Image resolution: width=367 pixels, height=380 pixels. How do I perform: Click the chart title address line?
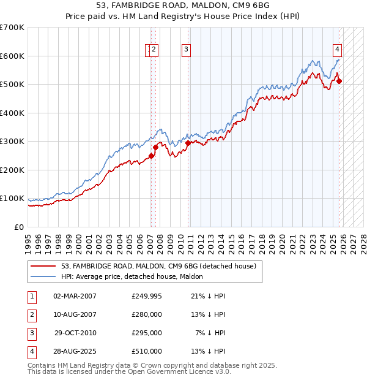pyautogui.click(x=183, y=5)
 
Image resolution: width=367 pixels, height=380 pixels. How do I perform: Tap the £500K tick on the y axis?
pyautogui.click(x=12, y=84)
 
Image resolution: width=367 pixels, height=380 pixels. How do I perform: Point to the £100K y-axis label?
pyautogui.click(x=12, y=199)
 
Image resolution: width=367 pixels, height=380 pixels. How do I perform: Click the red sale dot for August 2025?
pyautogui.click(x=339, y=81)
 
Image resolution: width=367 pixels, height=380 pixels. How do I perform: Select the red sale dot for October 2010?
pyautogui.click(x=188, y=142)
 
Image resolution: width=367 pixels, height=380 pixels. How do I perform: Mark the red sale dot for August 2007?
pyautogui.click(x=155, y=147)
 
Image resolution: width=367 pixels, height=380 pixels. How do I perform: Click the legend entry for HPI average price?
pyautogui.click(x=136, y=276)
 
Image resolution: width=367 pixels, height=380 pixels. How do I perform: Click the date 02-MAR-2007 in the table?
pyautogui.click(x=75, y=296)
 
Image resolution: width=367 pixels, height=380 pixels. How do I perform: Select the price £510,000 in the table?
pyautogui.click(x=147, y=351)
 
